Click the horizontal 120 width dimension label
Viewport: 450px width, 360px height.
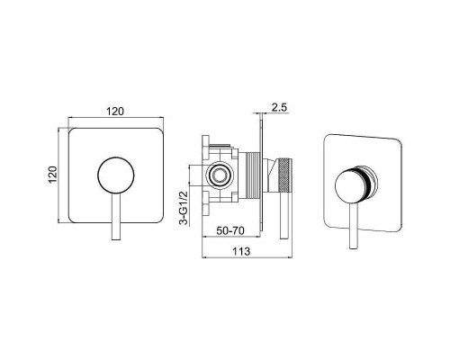point(115,112)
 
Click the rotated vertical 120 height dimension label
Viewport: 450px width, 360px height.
point(53,175)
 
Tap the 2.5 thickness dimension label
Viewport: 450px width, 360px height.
point(279,107)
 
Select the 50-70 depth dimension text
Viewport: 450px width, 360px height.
point(230,230)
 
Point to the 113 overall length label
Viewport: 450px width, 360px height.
point(241,251)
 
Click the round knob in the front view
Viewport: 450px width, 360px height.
point(116,175)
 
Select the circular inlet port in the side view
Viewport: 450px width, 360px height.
point(220,175)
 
